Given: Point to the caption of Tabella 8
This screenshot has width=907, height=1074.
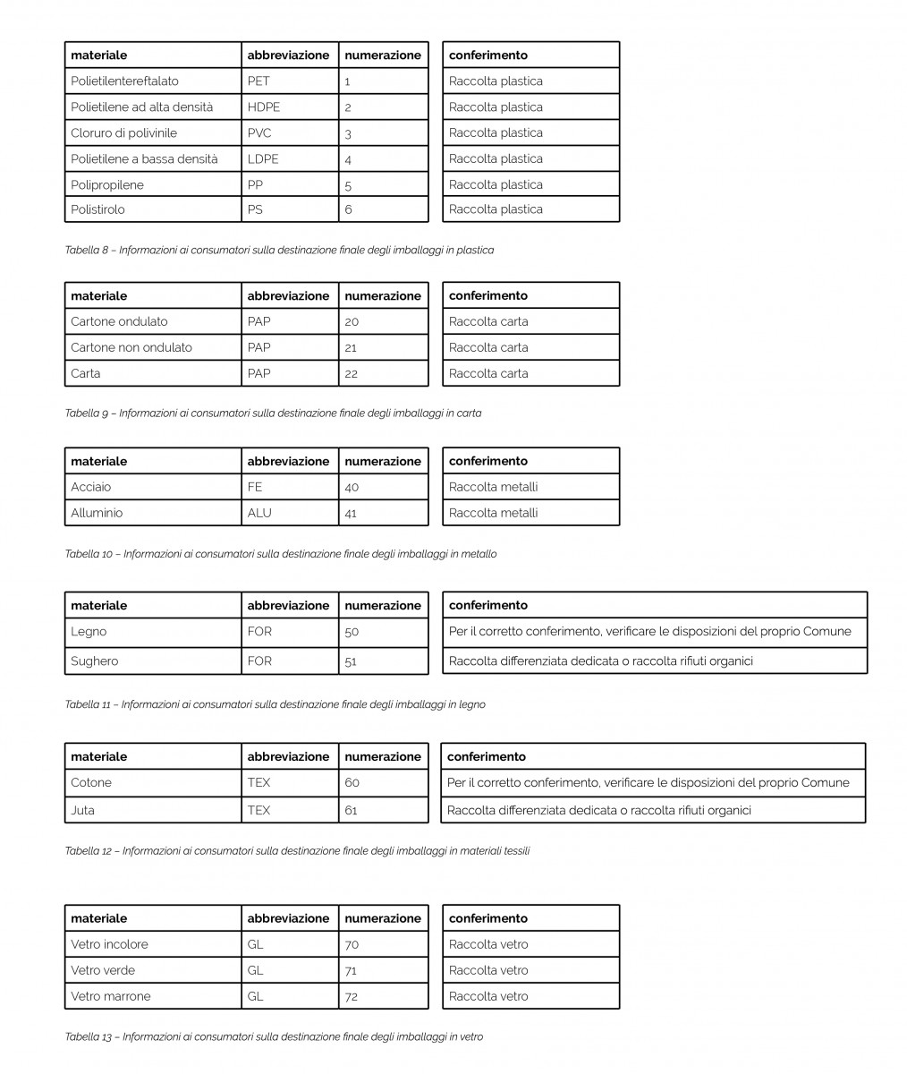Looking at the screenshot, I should point(279,250).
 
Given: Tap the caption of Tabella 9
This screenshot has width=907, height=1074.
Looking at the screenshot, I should point(273,413).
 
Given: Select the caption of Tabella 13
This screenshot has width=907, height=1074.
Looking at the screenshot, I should point(274,1036).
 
